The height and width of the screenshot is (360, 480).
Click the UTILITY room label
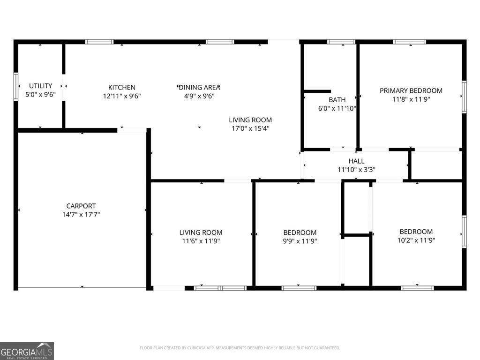tap(40, 86)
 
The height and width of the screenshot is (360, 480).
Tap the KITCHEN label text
tap(122, 87)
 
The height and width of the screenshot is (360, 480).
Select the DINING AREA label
tap(199, 87)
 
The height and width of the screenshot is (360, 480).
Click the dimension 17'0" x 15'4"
tap(250, 128)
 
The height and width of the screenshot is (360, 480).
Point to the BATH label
tap(337, 100)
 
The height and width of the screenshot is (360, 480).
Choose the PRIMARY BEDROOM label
tap(411, 90)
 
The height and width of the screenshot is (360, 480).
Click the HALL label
tap(356, 161)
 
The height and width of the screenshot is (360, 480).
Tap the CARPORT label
tap(81, 206)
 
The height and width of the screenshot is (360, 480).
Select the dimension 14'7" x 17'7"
tap(81, 214)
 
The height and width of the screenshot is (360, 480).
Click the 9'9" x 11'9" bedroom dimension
tap(300, 241)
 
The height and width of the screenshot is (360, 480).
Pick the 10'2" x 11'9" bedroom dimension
tap(416, 240)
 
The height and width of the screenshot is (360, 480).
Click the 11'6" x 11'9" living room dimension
tap(201, 241)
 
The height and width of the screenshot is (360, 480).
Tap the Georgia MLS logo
tap(27, 351)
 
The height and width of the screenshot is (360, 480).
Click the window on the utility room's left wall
tap(16, 87)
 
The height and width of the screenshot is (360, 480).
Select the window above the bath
tap(341, 42)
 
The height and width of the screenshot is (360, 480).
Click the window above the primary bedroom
tap(409, 42)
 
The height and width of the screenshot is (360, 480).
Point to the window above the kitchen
tap(99, 42)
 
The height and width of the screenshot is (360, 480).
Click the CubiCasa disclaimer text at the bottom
tap(240, 348)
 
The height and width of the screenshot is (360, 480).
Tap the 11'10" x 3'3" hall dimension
tap(356, 170)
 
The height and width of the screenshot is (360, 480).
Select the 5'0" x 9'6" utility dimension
tap(40, 94)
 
